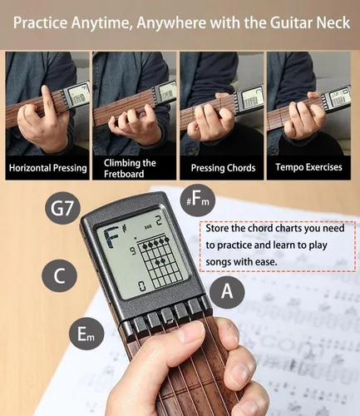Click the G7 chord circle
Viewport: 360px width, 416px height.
62,209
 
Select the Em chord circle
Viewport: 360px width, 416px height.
86,334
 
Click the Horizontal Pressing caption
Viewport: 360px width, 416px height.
47,167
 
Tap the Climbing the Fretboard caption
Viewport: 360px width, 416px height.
132,168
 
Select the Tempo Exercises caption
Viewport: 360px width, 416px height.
309,167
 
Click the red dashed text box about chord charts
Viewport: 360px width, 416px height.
278,245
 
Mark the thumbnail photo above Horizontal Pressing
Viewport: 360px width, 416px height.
47,104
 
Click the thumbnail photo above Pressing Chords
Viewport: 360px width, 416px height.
221,104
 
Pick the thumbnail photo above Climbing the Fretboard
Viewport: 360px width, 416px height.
133,104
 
